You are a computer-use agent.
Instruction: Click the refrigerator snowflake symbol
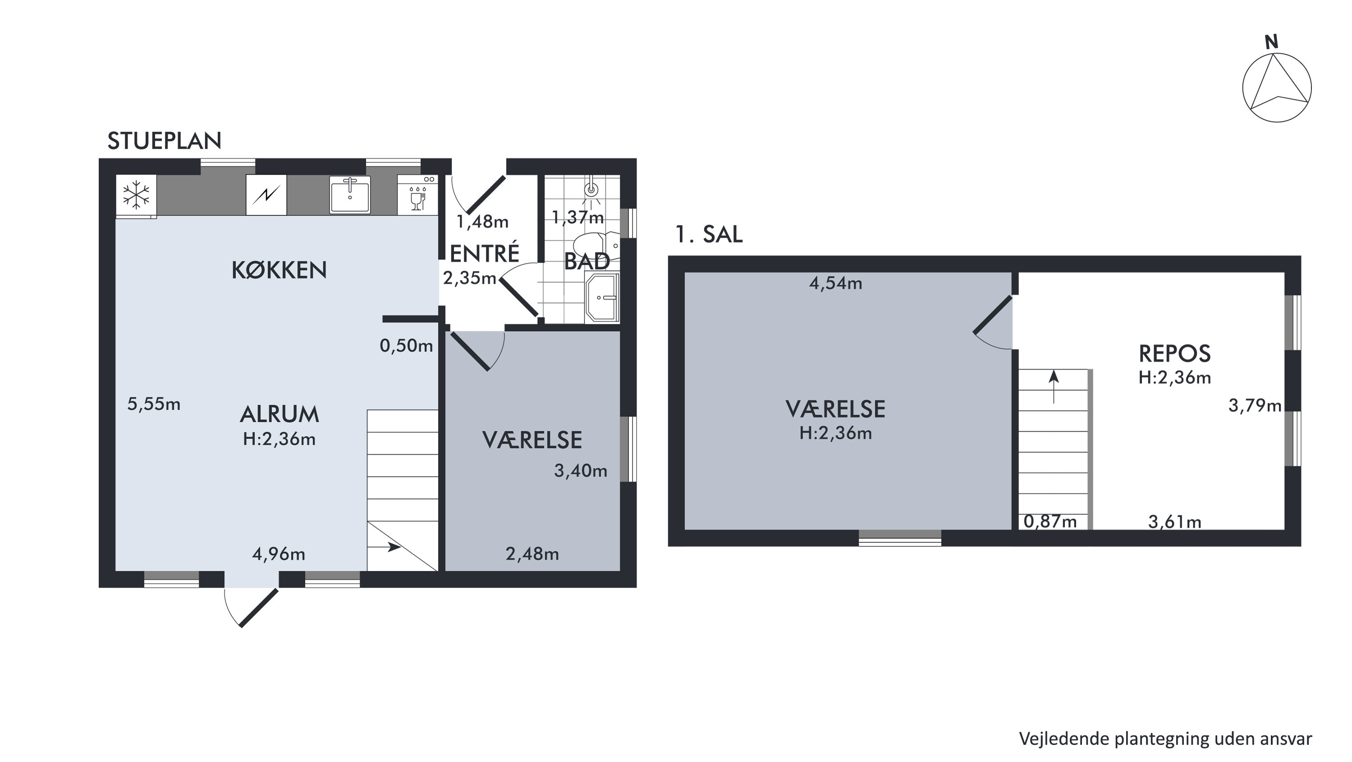tap(136, 195)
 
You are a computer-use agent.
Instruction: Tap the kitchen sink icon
tap(349, 195)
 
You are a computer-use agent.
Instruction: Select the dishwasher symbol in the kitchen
tap(418, 195)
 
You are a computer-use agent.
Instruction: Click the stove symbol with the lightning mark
tap(266, 195)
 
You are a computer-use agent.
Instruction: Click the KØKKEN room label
tap(279, 270)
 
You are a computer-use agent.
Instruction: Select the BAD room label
tap(587, 262)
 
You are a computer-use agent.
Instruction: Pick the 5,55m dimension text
tap(154, 404)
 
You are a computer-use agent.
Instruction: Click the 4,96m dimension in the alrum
tap(279, 554)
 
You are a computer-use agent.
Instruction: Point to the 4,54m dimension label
tap(835, 284)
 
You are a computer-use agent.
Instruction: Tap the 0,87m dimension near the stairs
tap(1050, 522)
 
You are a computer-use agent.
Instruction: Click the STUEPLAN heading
tap(164, 141)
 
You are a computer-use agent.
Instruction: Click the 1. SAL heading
tap(709, 234)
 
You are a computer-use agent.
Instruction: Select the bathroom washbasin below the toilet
tap(603, 297)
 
